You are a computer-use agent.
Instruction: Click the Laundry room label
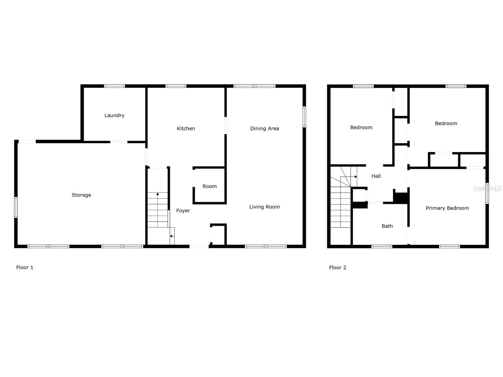click(x=114, y=115)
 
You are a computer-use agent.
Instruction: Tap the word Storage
click(x=81, y=195)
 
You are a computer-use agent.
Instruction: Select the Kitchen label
click(x=186, y=128)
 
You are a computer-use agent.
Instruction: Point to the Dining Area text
click(x=264, y=128)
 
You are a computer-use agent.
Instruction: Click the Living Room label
click(x=264, y=207)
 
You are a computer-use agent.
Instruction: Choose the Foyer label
click(x=183, y=211)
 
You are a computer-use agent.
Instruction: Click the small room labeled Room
click(x=210, y=186)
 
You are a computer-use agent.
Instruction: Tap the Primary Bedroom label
click(x=447, y=208)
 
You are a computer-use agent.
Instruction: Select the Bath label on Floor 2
click(x=387, y=226)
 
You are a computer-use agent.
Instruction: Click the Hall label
click(x=376, y=176)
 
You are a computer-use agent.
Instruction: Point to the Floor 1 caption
click(x=25, y=267)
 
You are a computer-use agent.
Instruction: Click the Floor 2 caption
click(x=338, y=267)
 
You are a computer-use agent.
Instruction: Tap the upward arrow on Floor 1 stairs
click(x=158, y=194)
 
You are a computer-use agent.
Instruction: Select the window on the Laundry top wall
click(x=114, y=86)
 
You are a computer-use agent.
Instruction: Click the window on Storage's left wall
click(x=16, y=207)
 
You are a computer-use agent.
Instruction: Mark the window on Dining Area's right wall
click(x=304, y=117)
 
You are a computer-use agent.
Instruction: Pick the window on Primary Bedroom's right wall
click(x=487, y=193)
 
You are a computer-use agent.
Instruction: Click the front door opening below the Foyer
click(x=199, y=246)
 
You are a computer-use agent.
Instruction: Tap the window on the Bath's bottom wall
click(x=382, y=247)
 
